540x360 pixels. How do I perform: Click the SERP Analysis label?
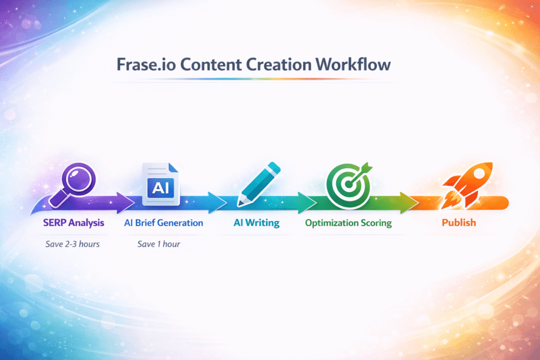pos(73,222)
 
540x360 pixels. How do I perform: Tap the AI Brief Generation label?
pos(163,222)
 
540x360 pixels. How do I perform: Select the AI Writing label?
pos(256,222)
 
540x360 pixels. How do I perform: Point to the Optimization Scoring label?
pos(348,222)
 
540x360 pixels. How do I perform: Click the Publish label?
pos(458,222)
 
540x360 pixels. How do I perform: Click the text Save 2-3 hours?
pos(73,244)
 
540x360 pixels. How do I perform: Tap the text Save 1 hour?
pos(159,244)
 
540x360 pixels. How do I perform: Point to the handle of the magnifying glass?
pos(58,198)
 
